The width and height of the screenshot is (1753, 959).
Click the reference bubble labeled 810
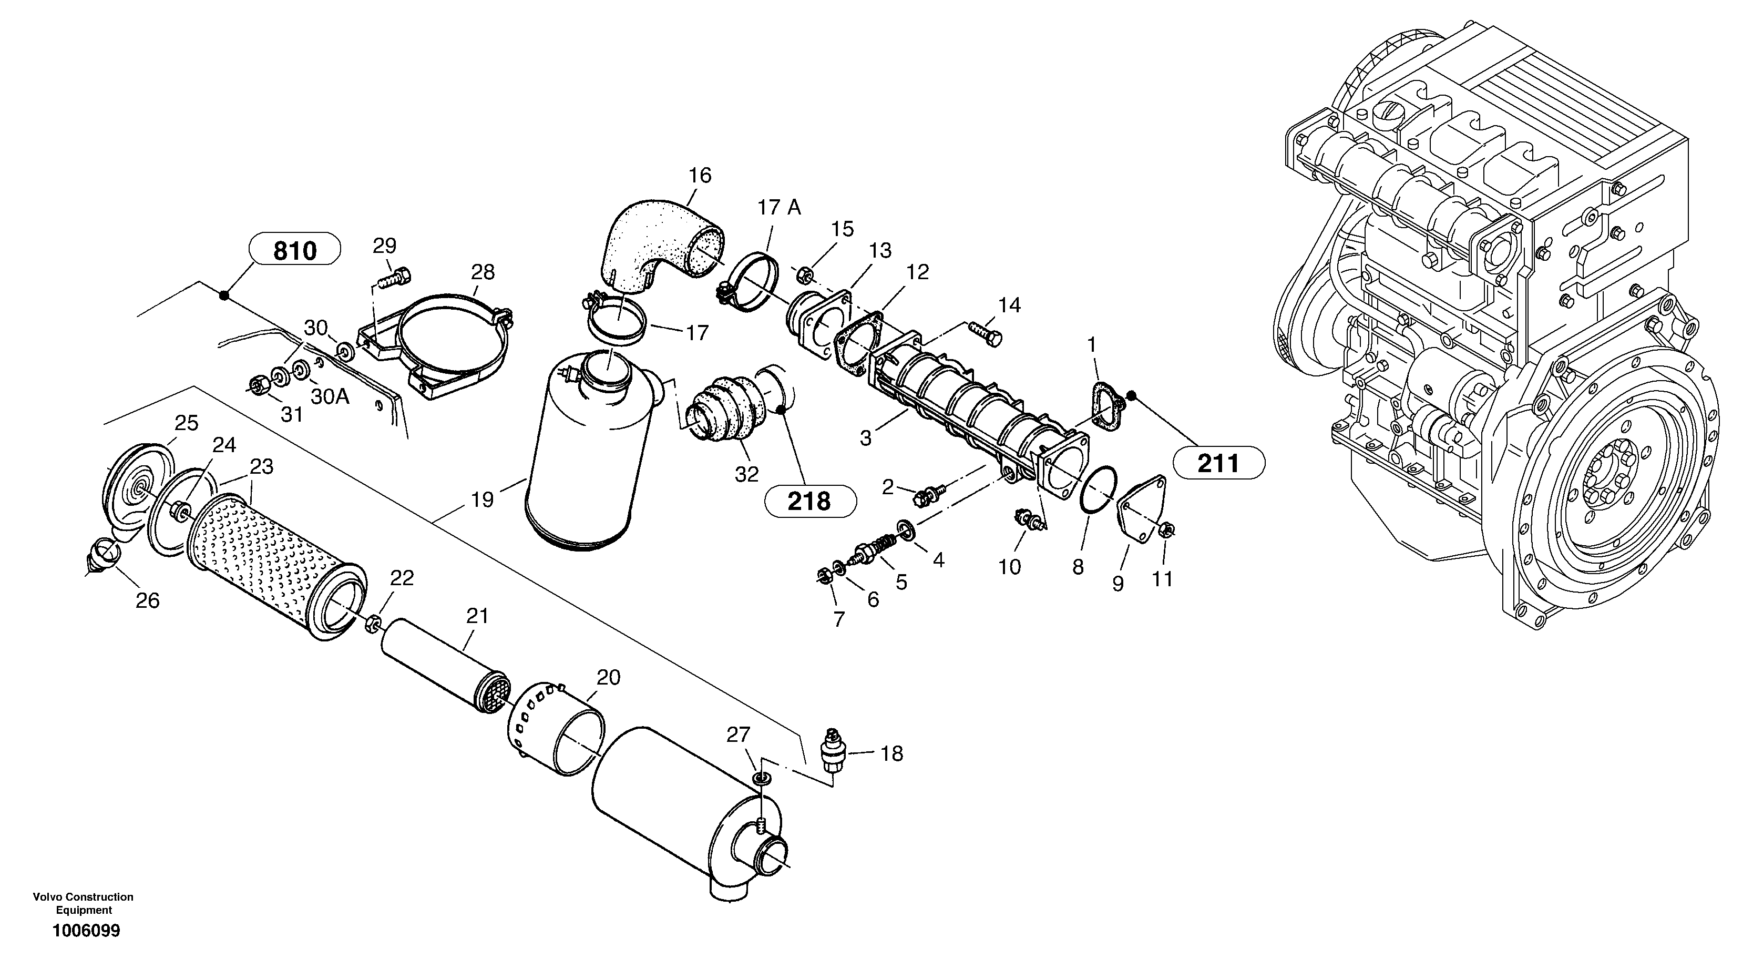click(295, 250)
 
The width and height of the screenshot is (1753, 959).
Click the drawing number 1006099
click(86, 931)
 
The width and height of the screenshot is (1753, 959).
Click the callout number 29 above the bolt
click(384, 245)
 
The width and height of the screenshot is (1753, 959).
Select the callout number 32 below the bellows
click(746, 474)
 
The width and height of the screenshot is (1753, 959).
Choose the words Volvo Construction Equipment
click(83, 903)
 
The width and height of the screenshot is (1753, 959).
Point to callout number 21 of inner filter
click(477, 616)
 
